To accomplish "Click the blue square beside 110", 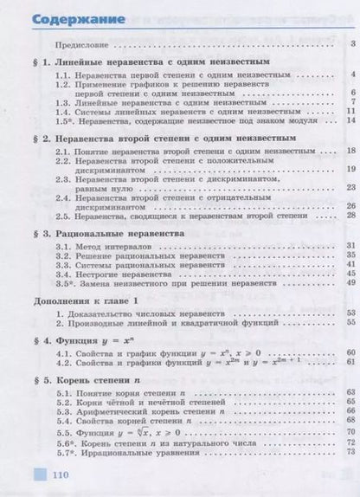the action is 37,475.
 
